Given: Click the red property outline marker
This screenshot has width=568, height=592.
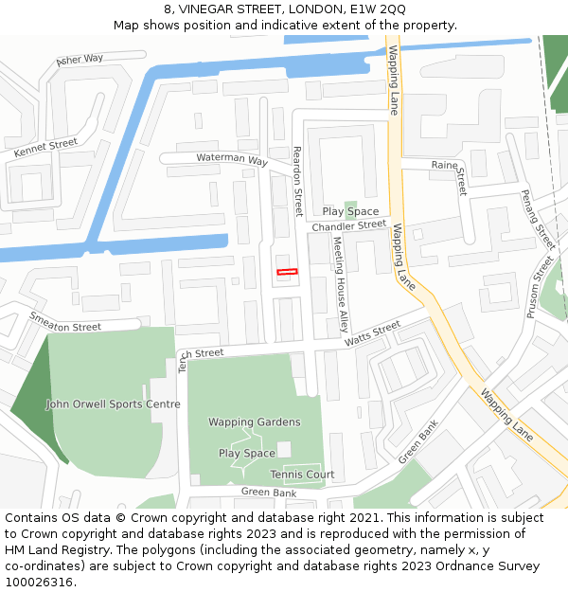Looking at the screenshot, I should click(287, 272).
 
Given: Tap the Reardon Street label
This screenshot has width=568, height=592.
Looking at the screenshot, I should click(297, 181).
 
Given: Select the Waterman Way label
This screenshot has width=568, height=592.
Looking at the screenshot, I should click(232, 159).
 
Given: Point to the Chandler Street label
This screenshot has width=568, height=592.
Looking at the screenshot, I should click(348, 226).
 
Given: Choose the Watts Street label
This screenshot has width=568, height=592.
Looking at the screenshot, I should click(372, 333).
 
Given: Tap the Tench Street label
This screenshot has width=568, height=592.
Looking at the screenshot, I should click(201, 354).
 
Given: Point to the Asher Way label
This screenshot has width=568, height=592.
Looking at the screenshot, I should click(80, 60).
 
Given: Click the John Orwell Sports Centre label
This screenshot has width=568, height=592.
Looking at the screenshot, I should click(113, 404).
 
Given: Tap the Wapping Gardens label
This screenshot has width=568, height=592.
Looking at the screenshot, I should click(255, 422).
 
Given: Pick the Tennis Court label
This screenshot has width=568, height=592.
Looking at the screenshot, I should click(302, 475).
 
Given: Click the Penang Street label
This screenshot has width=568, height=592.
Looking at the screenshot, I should click(537, 213).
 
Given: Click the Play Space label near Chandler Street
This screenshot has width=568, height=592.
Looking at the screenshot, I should click(350, 211).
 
